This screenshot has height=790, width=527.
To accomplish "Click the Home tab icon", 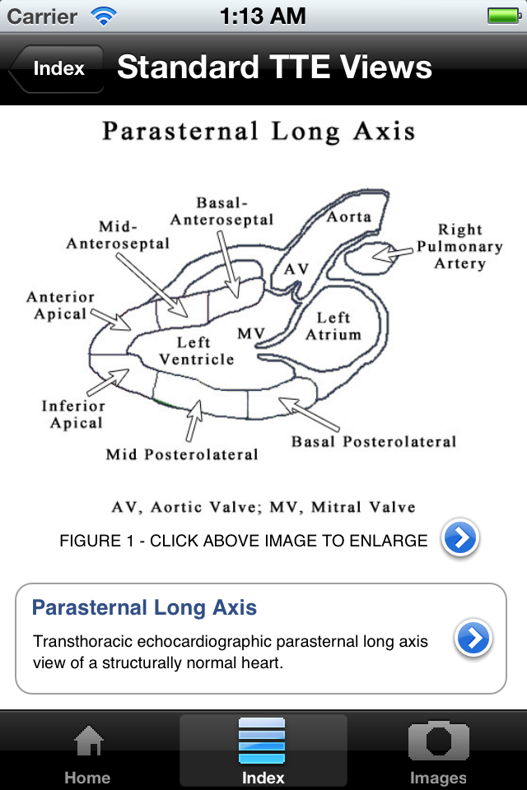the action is pyautogui.click(x=88, y=741).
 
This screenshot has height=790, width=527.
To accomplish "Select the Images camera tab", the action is pyautogui.click(x=438, y=740).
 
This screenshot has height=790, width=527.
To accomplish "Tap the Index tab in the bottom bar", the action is pyautogui.click(x=263, y=751).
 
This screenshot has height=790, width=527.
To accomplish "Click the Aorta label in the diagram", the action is pyautogui.click(x=349, y=217).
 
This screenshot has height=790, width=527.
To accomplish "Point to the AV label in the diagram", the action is pyautogui.click(x=296, y=269).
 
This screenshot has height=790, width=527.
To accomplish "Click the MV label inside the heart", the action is pyautogui.click(x=251, y=333).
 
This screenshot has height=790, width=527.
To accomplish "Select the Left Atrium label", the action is pyautogui.click(x=333, y=326).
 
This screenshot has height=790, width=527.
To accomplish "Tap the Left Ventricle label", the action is pyautogui.click(x=196, y=351).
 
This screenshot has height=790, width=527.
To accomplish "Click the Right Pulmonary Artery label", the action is pyautogui.click(x=459, y=246).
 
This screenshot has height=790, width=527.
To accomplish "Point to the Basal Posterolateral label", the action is pyautogui.click(x=374, y=442).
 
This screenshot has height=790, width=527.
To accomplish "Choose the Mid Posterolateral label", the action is pyautogui.click(x=181, y=454).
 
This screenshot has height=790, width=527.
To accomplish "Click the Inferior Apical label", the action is pyautogui.click(x=73, y=414).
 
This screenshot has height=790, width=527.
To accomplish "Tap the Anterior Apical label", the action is pyautogui.click(x=60, y=305).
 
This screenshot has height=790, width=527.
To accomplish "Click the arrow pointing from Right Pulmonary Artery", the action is pyautogui.click(x=392, y=253).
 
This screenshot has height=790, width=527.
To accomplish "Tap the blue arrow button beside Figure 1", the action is pyautogui.click(x=460, y=537).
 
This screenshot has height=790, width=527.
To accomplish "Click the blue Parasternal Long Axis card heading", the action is pyautogui.click(x=144, y=607).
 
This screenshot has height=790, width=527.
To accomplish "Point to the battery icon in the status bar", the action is pyautogui.click(x=504, y=16).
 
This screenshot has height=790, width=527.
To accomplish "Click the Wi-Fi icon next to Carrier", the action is pyautogui.click(x=104, y=16).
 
